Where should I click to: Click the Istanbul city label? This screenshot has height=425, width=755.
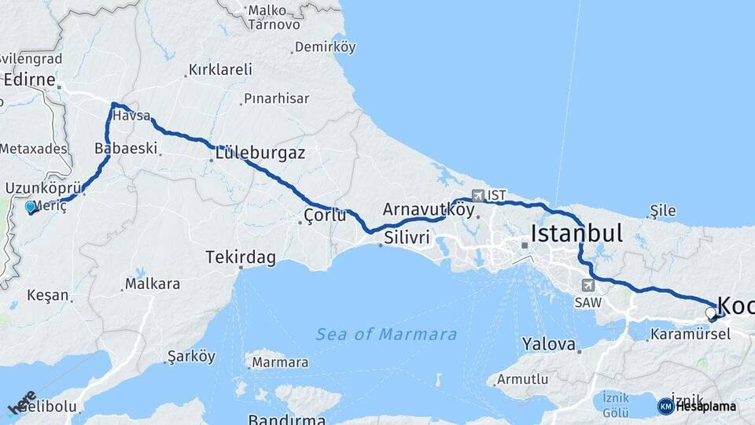(x=576, y=233)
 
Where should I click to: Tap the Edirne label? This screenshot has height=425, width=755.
(x=29, y=80)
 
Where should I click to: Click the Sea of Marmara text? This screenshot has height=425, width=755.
(x=386, y=334)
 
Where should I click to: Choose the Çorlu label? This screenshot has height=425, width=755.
(x=325, y=214)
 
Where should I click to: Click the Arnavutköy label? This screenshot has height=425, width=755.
(x=429, y=209)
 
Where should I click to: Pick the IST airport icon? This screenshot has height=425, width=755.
(x=477, y=194)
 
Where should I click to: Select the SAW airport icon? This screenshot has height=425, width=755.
(x=587, y=285)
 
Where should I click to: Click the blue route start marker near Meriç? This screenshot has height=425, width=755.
(x=31, y=207)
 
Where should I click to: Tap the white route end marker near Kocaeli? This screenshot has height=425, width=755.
(x=711, y=313)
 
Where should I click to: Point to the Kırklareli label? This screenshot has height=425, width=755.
(x=218, y=70)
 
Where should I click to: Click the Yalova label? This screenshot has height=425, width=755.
(x=548, y=344)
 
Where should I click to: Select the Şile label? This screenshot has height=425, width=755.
(x=663, y=210)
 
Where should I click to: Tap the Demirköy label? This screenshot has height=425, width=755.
(x=325, y=47)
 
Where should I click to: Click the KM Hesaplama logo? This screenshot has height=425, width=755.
(x=697, y=406)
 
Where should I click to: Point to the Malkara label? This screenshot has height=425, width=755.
(x=153, y=283)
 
